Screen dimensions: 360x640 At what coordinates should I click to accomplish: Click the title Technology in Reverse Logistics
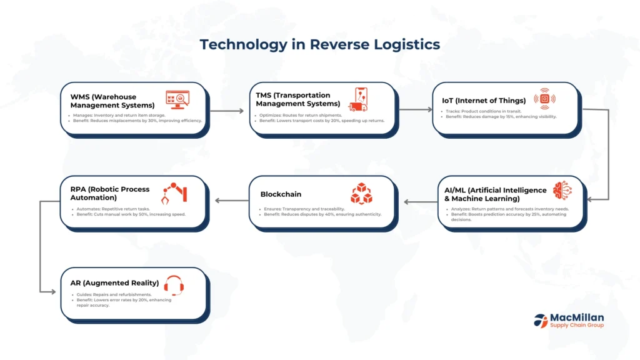point(319,45)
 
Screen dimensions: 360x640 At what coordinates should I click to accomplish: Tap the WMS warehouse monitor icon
point(177,99)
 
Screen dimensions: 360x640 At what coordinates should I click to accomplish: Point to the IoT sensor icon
point(544,99)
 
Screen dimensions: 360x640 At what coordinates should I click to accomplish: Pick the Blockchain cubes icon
point(361,194)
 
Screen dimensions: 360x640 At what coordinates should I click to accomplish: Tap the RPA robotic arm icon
point(176,192)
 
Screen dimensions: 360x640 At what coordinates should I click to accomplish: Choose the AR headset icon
point(177,285)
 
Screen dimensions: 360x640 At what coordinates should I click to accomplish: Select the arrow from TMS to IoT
point(416,110)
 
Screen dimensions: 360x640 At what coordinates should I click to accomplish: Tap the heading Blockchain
point(281,194)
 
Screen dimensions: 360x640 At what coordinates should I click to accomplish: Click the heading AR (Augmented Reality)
point(114,283)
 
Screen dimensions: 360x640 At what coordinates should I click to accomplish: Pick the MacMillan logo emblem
point(541,321)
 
